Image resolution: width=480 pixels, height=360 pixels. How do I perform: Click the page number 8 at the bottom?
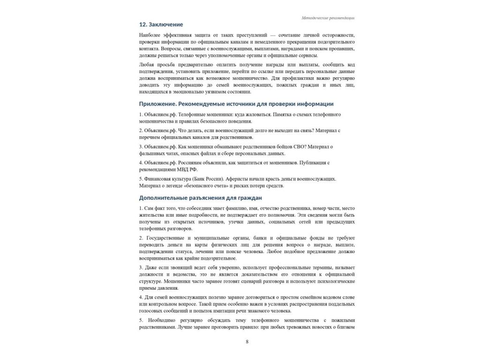(247, 342)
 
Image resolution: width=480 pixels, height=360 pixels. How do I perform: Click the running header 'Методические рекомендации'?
(328, 18)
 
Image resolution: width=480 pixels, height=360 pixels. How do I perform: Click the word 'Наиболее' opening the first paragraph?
(149, 35)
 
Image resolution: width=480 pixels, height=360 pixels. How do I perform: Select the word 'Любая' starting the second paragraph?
(146, 64)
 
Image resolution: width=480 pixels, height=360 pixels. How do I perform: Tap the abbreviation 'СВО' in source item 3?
(297, 147)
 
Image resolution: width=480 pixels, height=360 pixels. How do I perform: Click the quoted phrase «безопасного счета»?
(205, 186)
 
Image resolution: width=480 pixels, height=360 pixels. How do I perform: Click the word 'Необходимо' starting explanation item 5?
(161, 320)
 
